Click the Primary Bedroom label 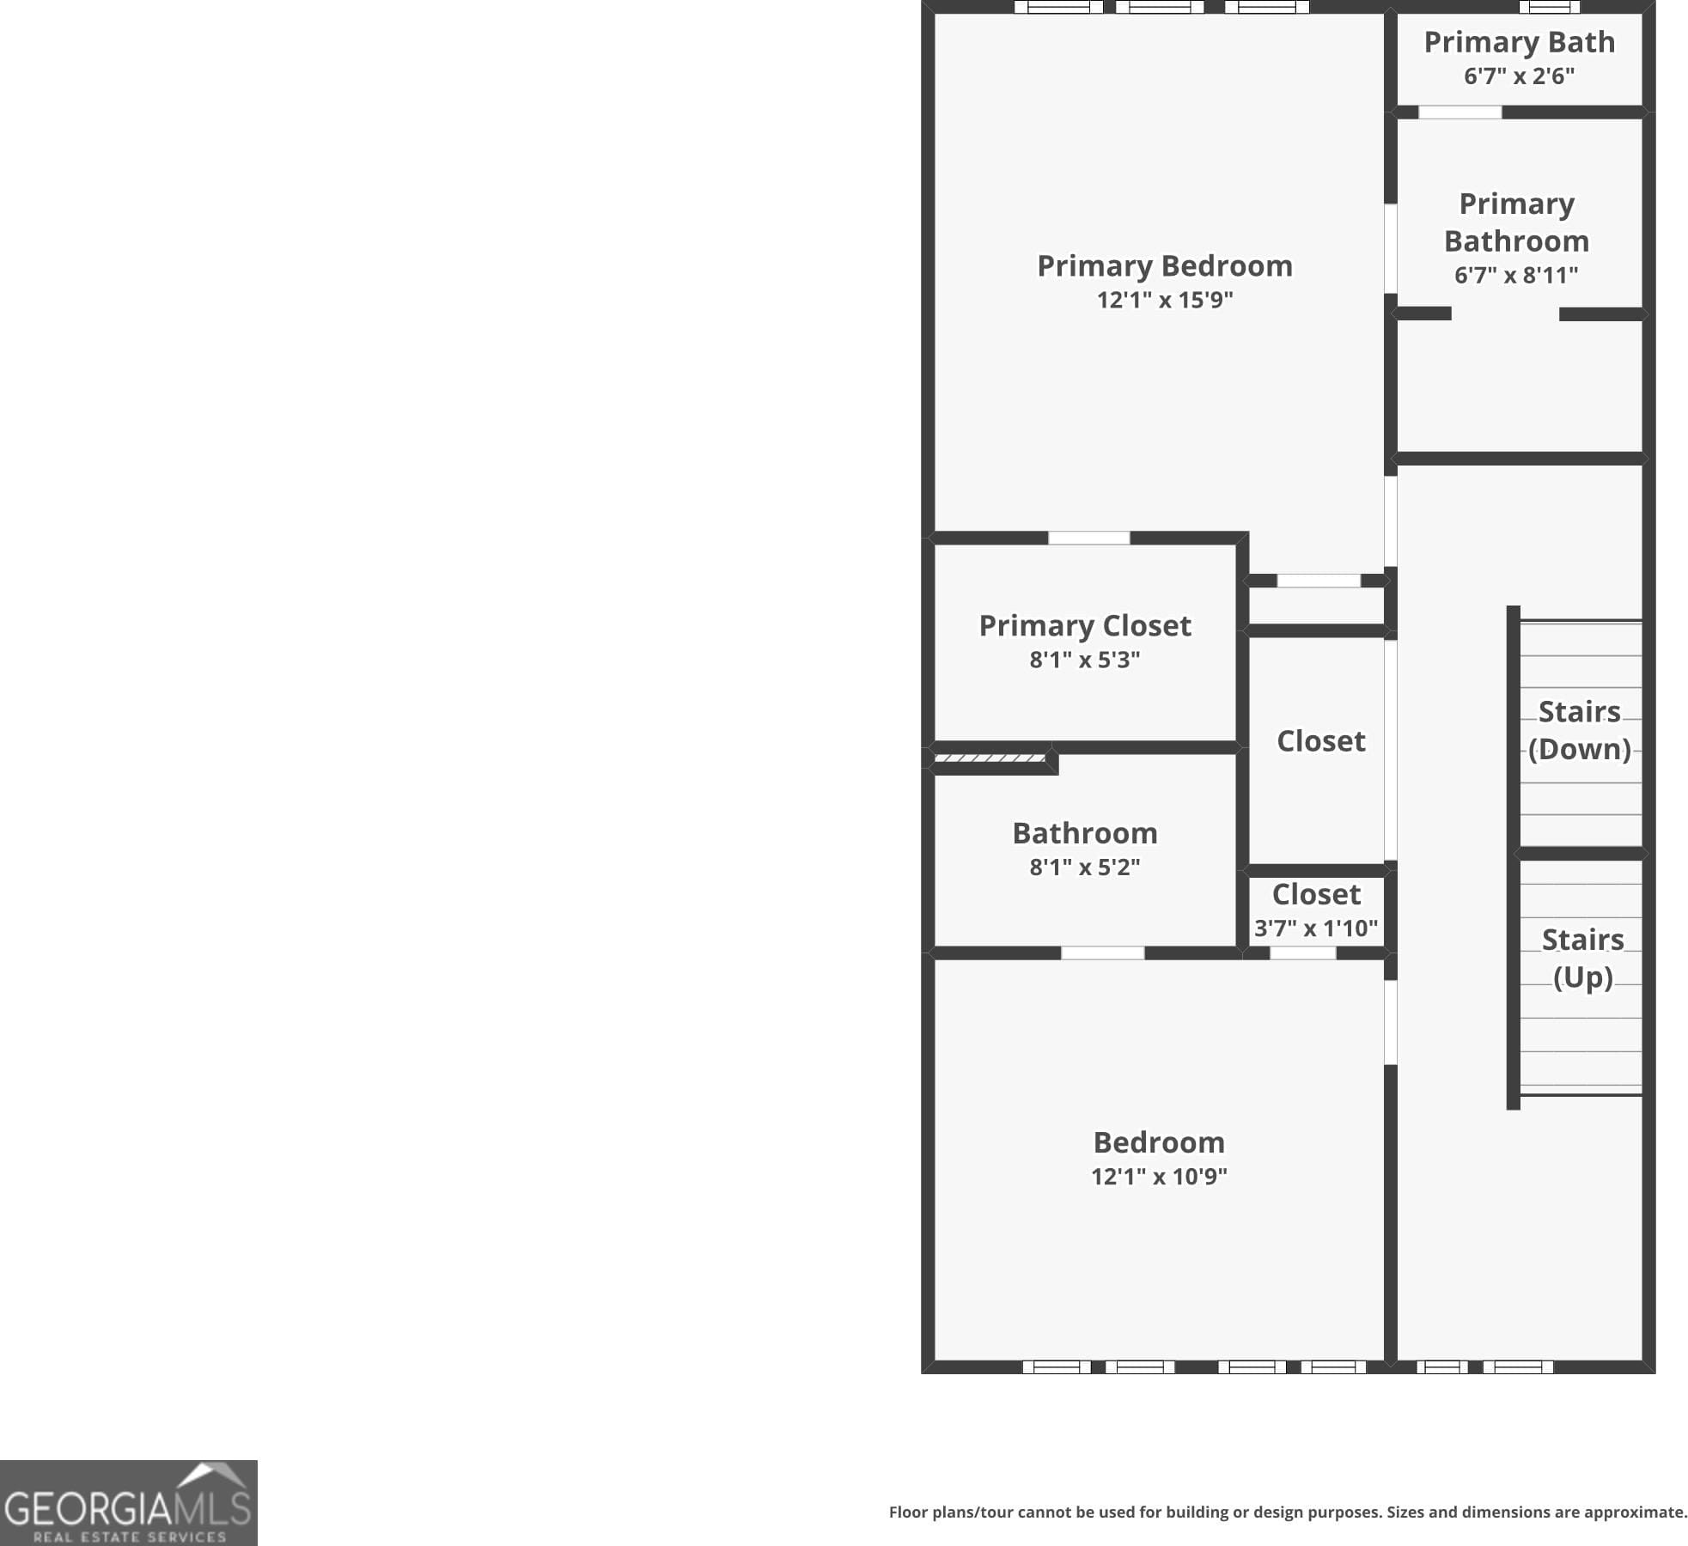click(1164, 266)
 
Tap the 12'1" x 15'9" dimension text click(1164, 300)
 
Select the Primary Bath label click(1519, 42)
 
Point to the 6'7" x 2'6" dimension click(1519, 76)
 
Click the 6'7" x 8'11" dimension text click(1515, 275)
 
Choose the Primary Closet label click(1084, 625)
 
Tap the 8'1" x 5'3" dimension click(1084, 660)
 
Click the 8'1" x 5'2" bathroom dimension click(1084, 867)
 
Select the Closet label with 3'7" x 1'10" click(1316, 895)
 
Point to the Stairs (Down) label click(1579, 730)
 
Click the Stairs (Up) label click(1582, 958)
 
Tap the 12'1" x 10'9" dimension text click(1159, 1176)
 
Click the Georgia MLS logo click(128, 1504)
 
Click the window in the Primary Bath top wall click(1549, 7)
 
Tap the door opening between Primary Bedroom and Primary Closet click(1088, 538)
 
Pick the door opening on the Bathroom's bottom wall click(1102, 953)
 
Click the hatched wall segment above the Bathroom click(990, 758)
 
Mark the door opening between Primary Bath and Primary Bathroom click(1459, 113)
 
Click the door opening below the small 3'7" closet click(1302, 953)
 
